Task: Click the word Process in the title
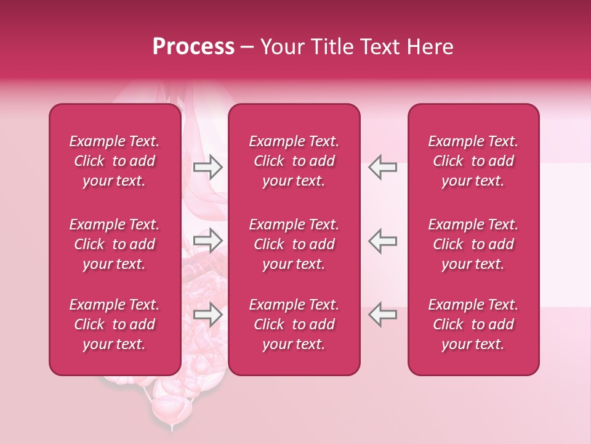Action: pyautogui.click(x=193, y=47)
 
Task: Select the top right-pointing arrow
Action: pyautogui.click(x=208, y=167)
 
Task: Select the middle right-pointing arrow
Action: pyautogui.click(x=208, y=240)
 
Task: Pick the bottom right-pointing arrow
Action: pyautogui.click(x=208, y=314)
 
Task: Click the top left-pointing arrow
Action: pyautogui.click(x=382, y=167)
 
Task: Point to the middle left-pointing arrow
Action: pyautogui.click(x=382, y=240)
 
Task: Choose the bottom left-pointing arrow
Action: pyautogui.click(x=382, y=314)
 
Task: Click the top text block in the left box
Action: pyautogui.click(x=115, y=161)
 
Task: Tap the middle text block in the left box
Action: pyautogui.click(x=115, y=244)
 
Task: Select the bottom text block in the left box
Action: pyautogui.click(x=115, y=324)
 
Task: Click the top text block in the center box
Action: pyautogui.click(x=294, y=161)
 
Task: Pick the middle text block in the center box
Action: pyautogui.click(x=294, y=244)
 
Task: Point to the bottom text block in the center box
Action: pyautogui.click(x=294, y=324)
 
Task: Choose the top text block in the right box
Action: pyautogui.click(x=473, y=161)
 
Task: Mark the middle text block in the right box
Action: pyautogui.click(x=473, y=244)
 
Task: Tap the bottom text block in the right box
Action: pyautogui.click(x=473, y=324)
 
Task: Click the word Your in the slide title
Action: pyautogui.click(x=280, y=47)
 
